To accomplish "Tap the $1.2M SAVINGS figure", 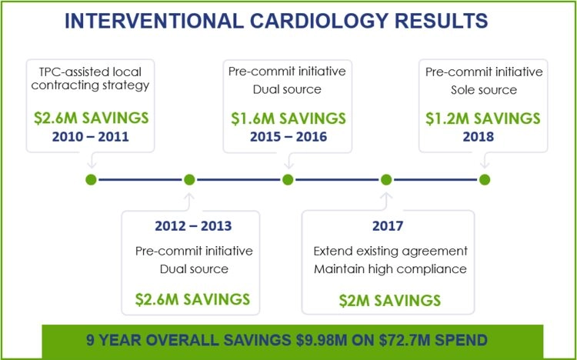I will coord(484,119).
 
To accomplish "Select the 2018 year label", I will coord(484,137).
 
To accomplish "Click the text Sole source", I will coord(484,89).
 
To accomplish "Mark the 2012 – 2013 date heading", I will coord(194,227).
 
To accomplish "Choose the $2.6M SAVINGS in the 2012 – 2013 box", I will coord(193,299).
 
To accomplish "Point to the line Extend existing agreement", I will coord(390,252).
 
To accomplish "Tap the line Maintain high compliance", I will coord(390,269).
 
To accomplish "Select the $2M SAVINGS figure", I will coord(390,300).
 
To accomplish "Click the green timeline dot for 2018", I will coord(484,179).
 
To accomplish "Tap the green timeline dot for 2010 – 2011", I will coord(91,179).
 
